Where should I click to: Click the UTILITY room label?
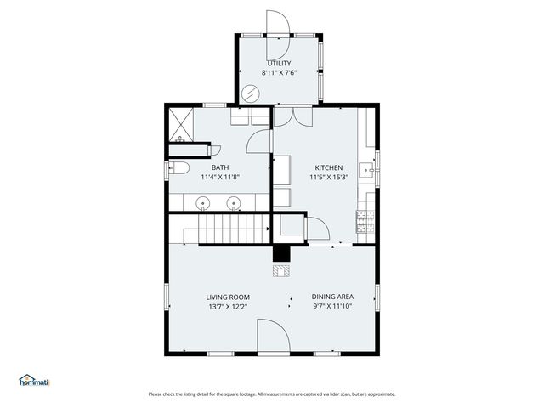pos(279,63)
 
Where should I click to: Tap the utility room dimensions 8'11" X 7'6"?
pos(279,73)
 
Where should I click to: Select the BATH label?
pos(220,167)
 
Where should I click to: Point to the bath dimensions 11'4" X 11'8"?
pos(220,178)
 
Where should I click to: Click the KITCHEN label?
pos(328,167)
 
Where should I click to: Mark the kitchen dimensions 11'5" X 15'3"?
pos(328,178)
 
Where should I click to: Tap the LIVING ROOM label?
pos(227,297)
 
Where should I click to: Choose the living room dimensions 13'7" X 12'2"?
pos(227,307)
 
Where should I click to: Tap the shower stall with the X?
pos(183,123)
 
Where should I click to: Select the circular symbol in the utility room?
pos(251,93)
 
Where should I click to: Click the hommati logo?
pos(35,381)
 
